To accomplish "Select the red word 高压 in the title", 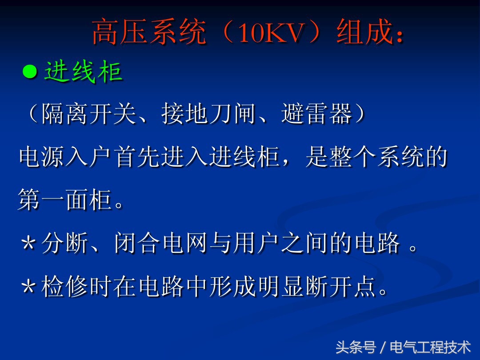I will [120, 33].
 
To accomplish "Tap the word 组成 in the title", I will [363, 33].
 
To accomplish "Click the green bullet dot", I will [30, 72].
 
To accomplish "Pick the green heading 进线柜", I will [83, 72].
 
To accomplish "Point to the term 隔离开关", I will [88, 115].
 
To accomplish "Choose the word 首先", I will [137, 158].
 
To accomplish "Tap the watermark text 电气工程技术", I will [430, 347].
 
